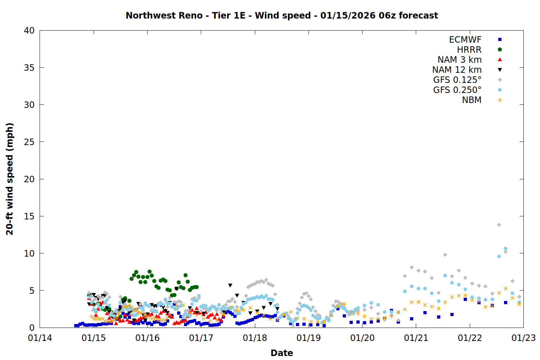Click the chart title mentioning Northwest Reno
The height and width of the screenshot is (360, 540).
(282, 15)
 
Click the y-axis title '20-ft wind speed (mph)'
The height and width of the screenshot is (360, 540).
(10, 179)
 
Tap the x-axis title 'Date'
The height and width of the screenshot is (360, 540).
(282, 353)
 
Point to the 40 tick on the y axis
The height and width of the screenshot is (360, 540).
(29, 31)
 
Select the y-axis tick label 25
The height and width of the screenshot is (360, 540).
(29, 142)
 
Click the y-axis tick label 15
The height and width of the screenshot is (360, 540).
(29, 216)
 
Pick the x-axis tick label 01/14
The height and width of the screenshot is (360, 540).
(40, 338)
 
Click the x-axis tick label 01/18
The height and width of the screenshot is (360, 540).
(255, 338)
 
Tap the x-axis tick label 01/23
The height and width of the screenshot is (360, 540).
(523, 338)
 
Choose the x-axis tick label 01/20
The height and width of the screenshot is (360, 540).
(362, 338)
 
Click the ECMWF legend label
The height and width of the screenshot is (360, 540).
(465, 40)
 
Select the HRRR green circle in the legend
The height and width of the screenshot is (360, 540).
(500, 50)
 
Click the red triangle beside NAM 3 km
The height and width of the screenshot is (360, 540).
(500, 59)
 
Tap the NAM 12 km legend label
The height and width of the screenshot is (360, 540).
(457, 70)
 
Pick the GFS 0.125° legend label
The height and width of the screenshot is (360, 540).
(457, 80)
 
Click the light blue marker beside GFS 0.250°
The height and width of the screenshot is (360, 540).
(500, 90)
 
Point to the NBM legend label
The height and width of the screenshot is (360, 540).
(472, 100)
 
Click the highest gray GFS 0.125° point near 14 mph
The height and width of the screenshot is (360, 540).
(499, 225)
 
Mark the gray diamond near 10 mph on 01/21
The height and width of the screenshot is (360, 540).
(445, 255)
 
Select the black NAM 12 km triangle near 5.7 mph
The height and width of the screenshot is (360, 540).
(230, 285)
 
